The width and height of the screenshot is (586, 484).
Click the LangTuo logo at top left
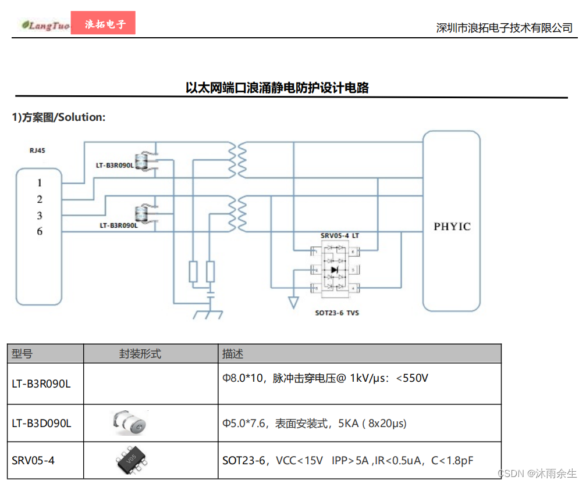click(x=45, y=25)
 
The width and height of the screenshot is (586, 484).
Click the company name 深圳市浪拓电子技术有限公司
click(x=504, y=27)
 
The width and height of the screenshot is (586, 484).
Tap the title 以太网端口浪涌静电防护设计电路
click(x=277, y=88)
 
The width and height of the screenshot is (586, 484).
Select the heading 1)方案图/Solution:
click(x=59, y=117)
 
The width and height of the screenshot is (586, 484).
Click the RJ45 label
click(x=37, y=150)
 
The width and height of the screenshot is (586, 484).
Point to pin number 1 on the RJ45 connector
click(x=40, y=182)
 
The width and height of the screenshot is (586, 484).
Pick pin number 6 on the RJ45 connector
click(x=40, y=232)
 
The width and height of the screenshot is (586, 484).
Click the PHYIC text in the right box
click(x=452, y=227)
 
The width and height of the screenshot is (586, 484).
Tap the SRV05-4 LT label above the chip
click(x=340, y=235)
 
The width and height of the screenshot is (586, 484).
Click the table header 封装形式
click(x=140, y=353)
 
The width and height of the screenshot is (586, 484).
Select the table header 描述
click(x=233, y=353)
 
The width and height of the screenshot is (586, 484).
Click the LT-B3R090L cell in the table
click(x=41, y=383)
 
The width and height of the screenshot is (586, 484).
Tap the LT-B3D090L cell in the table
click(x=41, y=424)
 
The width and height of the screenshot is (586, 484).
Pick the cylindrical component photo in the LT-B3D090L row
click(x=130, y=422)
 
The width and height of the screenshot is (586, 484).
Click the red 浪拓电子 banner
click(x=103, y=24)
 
